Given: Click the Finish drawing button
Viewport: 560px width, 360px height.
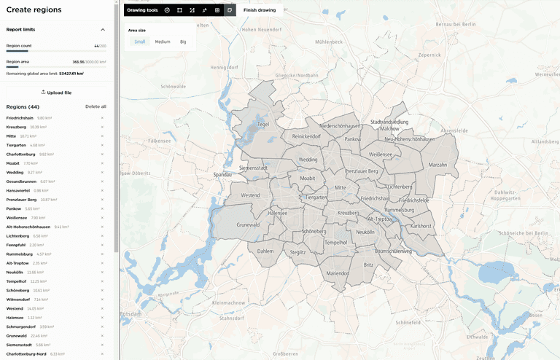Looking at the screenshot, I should (x=260, y=10).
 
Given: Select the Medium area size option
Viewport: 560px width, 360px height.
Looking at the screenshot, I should (x=162, y=42).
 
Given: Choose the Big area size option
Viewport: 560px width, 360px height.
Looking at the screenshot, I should (x=183, y=42).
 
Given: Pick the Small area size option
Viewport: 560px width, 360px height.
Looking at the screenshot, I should (x=139, y=42).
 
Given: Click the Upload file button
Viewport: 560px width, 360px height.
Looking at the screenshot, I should (x=56, y=93).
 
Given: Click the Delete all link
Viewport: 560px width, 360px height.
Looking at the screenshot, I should (x=96, y=106).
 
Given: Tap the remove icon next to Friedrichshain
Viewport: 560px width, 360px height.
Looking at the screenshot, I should (x=102, y=118).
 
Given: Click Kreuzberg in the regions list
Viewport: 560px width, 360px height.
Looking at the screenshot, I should (x=15, y=127).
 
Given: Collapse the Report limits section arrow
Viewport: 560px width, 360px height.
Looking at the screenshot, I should (x=102, y=30).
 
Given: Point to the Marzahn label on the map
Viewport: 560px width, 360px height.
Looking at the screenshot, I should (x=437, y=165).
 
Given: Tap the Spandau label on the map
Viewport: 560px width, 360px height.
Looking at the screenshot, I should (x=222, y=175).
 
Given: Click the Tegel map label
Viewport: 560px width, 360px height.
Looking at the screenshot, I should (x=263, y=125).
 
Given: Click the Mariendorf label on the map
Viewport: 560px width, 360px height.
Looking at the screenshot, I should (x=338, y=273).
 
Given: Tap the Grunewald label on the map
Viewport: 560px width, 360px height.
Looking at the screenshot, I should (x=249, y=225).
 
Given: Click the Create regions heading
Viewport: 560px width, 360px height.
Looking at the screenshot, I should (x=34, y=9).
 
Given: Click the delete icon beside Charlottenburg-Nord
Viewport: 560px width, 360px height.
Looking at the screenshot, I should (x=102, y=354).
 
